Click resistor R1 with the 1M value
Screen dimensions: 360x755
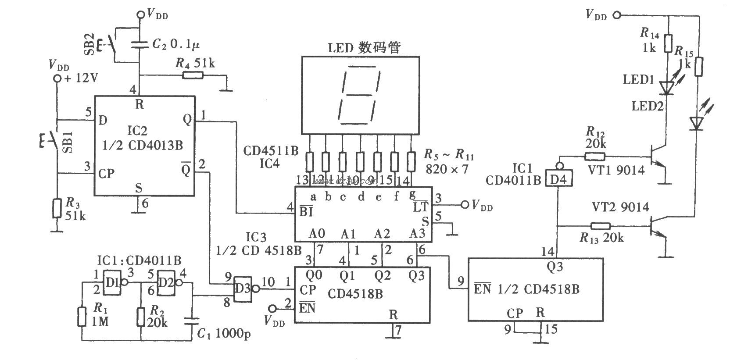coord(82,317)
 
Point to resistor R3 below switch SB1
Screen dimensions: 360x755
coord(57,208)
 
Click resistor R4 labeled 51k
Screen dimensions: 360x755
coord(193,75)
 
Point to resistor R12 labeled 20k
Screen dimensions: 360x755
coord(594,156)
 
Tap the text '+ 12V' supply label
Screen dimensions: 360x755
coord(82,78)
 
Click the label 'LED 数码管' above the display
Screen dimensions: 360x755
coord(364,47)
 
